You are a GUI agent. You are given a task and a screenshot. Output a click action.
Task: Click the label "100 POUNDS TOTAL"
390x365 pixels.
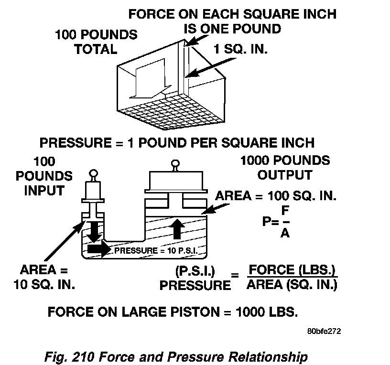96,42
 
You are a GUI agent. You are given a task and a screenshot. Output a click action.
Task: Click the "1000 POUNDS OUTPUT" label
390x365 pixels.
285,167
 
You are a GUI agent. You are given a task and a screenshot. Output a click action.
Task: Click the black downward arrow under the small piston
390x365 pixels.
94,230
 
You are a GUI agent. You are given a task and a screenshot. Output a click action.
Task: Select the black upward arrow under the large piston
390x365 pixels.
177,229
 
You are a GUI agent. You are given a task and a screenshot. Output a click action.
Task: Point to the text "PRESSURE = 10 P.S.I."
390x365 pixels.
156,250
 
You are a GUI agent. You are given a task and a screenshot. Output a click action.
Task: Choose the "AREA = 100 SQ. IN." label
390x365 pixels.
276,196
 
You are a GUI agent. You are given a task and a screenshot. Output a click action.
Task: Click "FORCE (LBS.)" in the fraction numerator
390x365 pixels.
292,270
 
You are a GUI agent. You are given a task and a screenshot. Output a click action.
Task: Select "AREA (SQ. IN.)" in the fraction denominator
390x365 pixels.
292,285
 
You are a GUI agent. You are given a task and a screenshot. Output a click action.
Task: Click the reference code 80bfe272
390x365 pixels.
325,330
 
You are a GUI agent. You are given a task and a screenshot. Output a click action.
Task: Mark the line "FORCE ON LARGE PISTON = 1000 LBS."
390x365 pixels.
173,312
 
